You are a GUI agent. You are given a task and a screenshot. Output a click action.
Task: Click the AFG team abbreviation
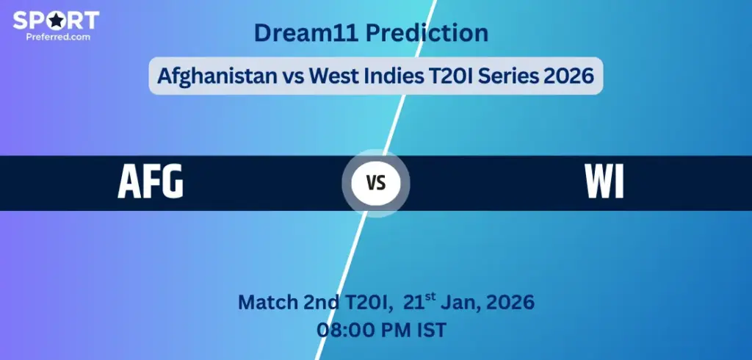[151, 183]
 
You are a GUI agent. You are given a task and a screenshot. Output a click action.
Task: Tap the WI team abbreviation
[604, 183]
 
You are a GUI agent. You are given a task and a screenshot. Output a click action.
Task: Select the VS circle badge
[376, 184]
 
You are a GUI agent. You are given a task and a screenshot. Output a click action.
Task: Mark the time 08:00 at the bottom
[341, 330]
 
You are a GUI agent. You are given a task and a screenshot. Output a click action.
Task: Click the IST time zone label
[430, 330]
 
